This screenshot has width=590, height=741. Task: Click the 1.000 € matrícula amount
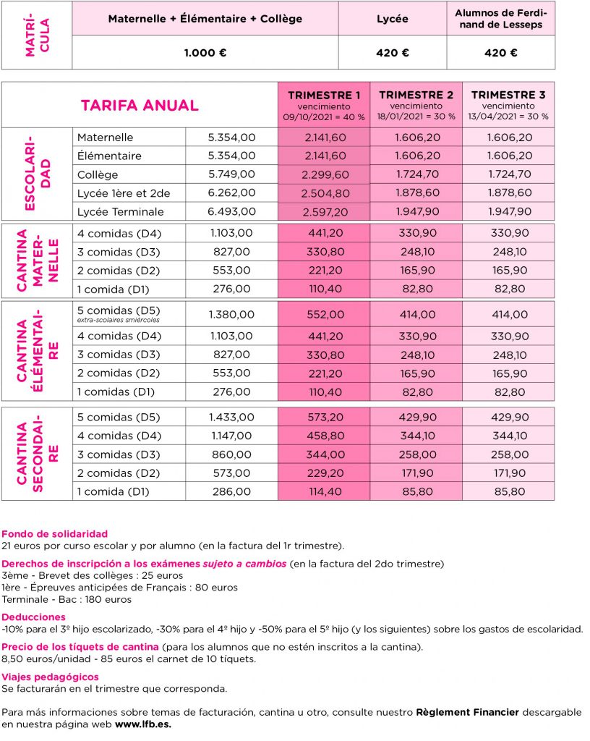(205, 53)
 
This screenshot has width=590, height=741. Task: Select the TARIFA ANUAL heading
(140, 105)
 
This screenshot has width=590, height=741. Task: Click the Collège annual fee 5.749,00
(231, 174)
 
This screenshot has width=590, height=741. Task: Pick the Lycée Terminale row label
(120, 212)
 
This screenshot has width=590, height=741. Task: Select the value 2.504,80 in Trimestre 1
(324, 193)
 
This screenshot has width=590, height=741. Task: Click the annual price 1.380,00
(231, 315)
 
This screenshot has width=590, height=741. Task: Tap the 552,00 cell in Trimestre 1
(324, 315)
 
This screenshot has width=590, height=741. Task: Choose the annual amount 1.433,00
(231, 418)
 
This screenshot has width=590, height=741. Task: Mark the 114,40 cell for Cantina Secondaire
(324, 491)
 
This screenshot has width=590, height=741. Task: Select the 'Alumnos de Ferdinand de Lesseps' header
(500, 19)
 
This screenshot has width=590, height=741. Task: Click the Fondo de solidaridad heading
(55, 534)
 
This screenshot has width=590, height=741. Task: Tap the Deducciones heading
(34, 617)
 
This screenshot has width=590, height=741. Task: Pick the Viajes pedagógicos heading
(51, 677)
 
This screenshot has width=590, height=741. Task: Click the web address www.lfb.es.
(142, 724)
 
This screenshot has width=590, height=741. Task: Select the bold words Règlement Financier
(467, 712)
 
